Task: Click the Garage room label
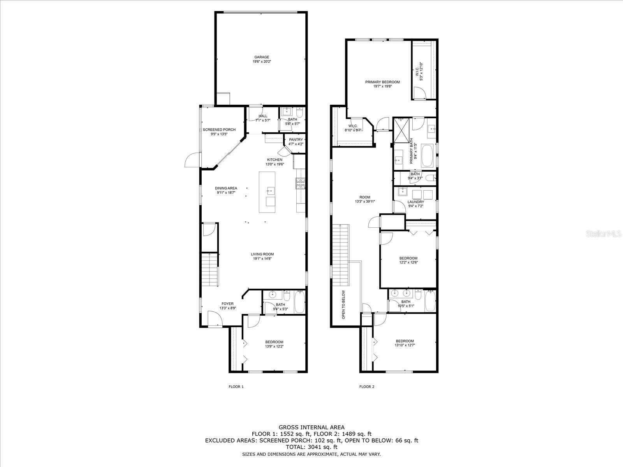point(262,57)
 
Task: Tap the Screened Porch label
point(219,130)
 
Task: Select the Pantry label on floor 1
point(296,140)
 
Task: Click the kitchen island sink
point(271,191)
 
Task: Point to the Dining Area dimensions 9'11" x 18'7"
point(226,193)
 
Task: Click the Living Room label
point(262,254)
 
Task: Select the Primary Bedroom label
point(382,82)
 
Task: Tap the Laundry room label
point(415,202)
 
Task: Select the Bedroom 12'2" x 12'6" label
point(408,258)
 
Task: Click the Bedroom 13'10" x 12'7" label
point(405,341)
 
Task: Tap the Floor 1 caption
point(236,386)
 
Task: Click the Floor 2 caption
point(366,386)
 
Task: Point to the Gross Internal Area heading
point(311,427)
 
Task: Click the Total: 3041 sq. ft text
point(311,447)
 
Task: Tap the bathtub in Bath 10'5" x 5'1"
point(430,301)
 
